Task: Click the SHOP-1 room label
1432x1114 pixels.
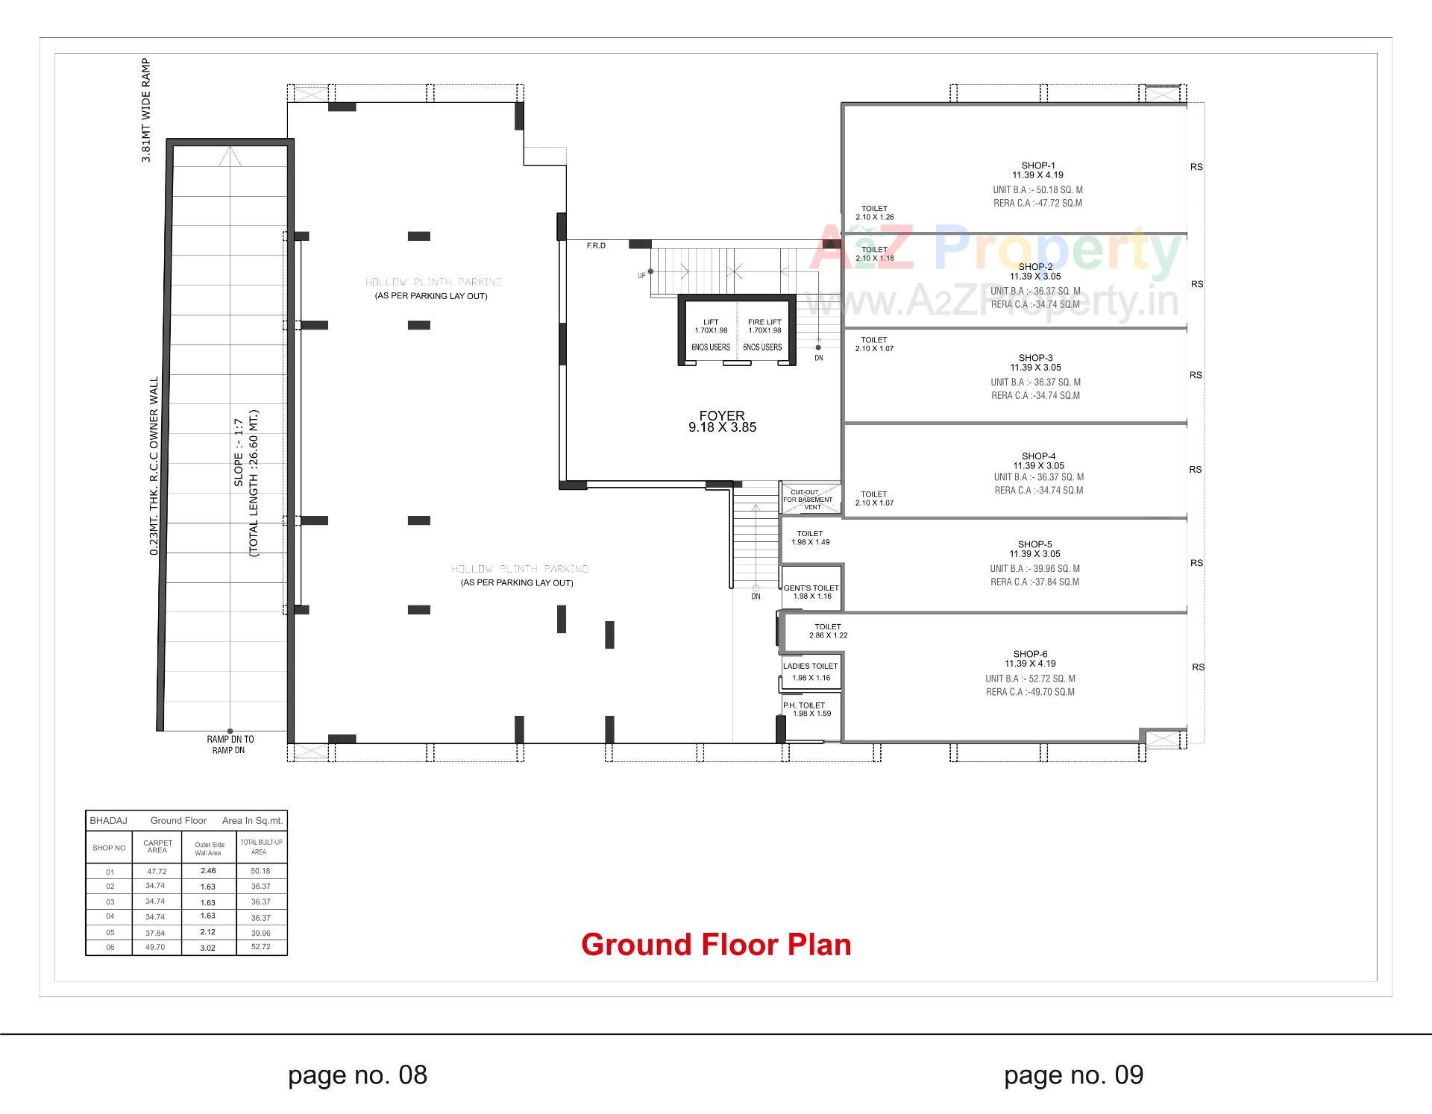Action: [x=1037, y=166]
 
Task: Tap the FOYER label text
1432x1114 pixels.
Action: [x=721, y=416]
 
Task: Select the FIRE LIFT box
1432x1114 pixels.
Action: [x=764, y=333]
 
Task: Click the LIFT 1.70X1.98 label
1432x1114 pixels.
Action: [x=710, y=327]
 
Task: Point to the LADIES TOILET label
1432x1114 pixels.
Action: [x=810, y=667]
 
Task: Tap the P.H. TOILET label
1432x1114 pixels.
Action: [x=804, y=705]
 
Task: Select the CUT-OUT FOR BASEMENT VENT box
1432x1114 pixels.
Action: [x=811, y=499]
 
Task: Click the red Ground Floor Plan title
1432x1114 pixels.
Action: [x=715, y=945]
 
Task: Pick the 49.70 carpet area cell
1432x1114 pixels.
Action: [x=155, y=947]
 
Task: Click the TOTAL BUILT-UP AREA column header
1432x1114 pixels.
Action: [x=260, y=847]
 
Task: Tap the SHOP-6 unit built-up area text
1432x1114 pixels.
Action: [x=1030, y=679]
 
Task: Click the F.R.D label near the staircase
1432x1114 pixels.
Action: [x=596, y=246]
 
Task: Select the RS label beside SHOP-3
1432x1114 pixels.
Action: [x=1196, y=375]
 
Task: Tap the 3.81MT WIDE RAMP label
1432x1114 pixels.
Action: [x=146, y=110]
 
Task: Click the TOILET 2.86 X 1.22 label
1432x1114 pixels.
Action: [x=828, y=631]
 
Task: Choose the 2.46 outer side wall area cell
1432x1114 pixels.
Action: [x=208, y=871]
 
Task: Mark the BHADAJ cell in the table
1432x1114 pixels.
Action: [x=108, y=821]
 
